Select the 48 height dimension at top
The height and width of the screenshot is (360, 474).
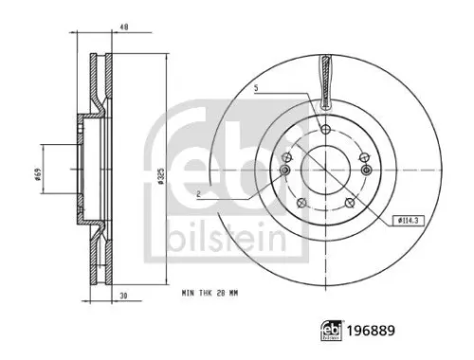pyautogui.click(x=124, y=27)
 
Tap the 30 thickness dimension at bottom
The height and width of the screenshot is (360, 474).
pyautogui.click(x=124, y=297)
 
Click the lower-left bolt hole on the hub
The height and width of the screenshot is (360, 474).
pyautogui.click(x=300, y=201)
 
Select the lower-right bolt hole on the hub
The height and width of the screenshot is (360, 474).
pyautogui.click(x=351, y=201)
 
